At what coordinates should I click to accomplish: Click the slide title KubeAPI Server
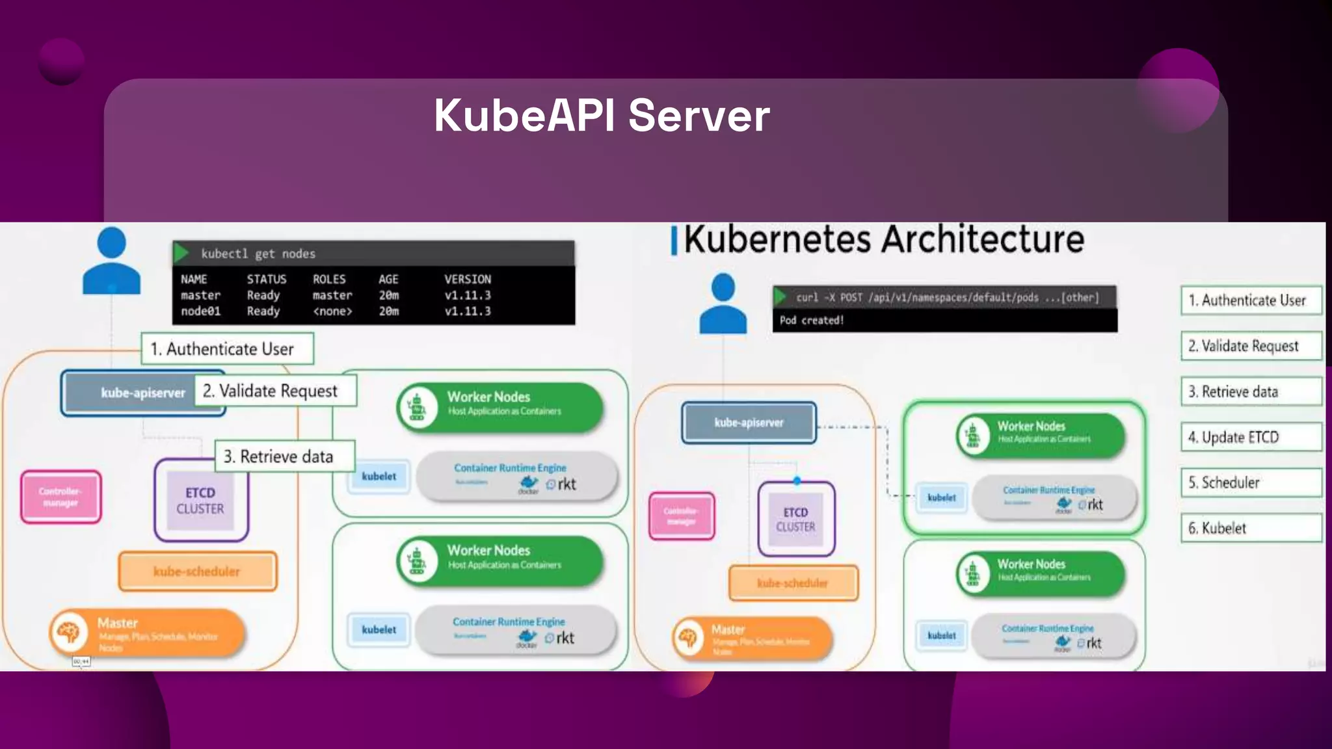point(602,116)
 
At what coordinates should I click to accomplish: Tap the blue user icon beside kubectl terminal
point(111,261)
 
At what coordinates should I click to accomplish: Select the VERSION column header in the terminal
point(467,279)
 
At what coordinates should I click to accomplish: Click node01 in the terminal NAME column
point(200,311)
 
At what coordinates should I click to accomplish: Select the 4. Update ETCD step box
point(1250,437)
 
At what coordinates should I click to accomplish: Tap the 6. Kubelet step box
point(1250,528)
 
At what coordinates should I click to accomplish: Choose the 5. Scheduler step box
point(1250,482)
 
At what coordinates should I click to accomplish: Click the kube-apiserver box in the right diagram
point(749,423)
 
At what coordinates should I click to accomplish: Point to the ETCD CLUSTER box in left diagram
point(200,501)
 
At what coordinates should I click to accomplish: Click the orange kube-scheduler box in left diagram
point(197,572)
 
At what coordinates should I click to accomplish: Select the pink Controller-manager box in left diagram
point(60,497)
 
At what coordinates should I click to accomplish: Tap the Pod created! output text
point(811,320)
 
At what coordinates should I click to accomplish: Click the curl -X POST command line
point(946,297)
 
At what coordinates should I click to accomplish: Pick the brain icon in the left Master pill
point(69,631)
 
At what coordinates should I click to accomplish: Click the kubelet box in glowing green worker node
point(941,497)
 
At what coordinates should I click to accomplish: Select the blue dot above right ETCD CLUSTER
point(797,481)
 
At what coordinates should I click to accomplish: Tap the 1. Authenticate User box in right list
point(1250,300)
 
